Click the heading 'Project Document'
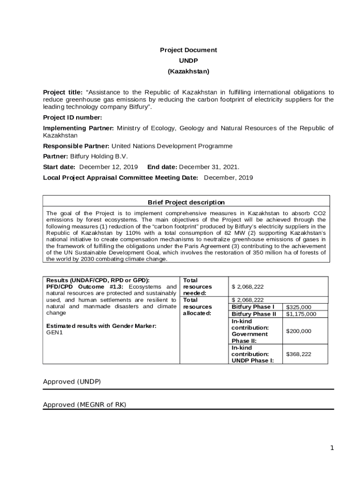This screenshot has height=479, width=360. pyautogui.click(x=188, y=50)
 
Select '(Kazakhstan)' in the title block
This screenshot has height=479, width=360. pyautogui.click(x=188, y=72)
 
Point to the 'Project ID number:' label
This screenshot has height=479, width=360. pyautogui.click(x=72, y=117)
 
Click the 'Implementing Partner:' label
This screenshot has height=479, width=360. pyautogui.click(x=79, y=128)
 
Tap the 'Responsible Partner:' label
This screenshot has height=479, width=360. pyautogui.click(x=76, y=146)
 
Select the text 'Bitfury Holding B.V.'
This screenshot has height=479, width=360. pyautogui.click(x=99, y=156)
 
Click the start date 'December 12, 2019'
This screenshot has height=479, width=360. pyautogui.click(x=108, y=167)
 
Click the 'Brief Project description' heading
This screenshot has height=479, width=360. pyautogui.click(x=186, y=203)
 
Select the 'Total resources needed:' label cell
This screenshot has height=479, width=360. pyautogui.click(x=197, y=286)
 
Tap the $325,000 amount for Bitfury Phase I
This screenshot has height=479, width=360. pyautogui.click(x=298, y=307)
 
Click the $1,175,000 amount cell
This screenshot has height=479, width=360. pyautogui.click(x=301, y=314)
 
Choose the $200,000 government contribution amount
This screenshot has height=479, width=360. pyautogui.click(x=298, y=331)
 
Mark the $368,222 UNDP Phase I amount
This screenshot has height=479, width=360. pyautogui.click(x=298, y=354)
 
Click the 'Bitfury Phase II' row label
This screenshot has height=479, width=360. pyautogui.click(x=254, y=314)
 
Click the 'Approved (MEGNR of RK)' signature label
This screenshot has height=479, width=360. pyautogui.click(x=84, y=405)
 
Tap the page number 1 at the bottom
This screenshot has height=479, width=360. pyautogui.click(x=332, y=448)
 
